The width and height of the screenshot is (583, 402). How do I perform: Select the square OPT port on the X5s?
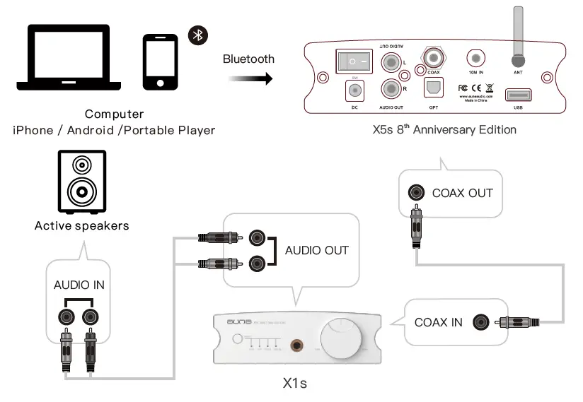point(433,88)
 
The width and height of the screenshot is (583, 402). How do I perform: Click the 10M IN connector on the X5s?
point(476,59)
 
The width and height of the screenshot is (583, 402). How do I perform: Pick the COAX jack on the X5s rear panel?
point(433,56)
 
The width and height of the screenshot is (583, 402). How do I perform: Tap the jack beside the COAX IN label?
point(483,323)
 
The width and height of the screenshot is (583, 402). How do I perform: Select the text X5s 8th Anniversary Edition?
point(444,129)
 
